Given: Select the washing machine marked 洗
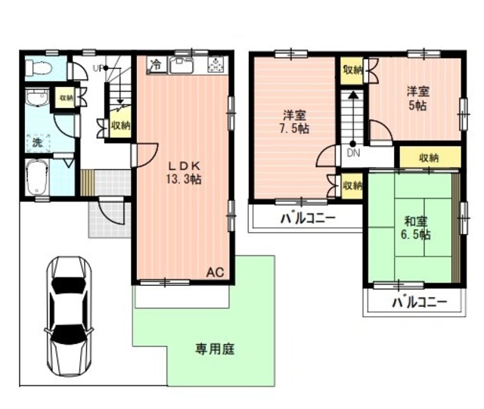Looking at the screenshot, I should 37,141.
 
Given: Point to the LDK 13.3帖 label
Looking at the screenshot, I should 185,172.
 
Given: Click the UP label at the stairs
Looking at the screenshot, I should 98,68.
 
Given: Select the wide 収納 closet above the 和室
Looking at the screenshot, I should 429,158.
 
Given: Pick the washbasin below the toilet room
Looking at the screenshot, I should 35,100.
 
